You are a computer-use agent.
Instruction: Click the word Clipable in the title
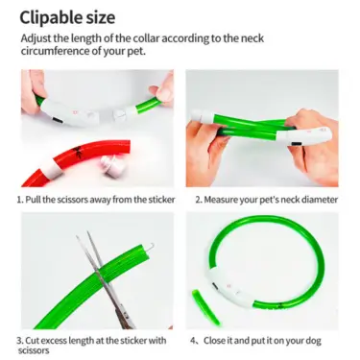[51, 17]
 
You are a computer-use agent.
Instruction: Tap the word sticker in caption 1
[161, 200]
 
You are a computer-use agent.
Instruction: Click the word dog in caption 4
[313, 341]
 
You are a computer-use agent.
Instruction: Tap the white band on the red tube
[53, 168]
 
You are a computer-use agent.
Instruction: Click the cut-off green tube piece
[205, 307]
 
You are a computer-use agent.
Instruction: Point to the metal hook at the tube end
[150, 248]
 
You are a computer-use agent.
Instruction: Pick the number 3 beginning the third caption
[18, 340]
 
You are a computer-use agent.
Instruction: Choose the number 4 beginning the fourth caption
[193, 341]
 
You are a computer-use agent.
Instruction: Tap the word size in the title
[101, 17]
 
